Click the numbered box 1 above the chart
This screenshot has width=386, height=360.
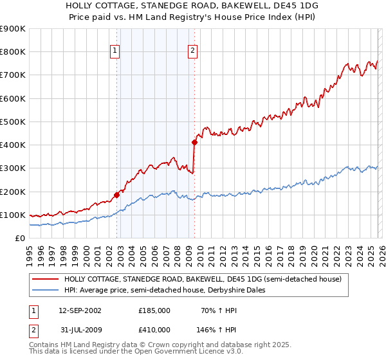115,51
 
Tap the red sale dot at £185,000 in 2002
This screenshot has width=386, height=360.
116,195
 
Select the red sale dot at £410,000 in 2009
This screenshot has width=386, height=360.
194,142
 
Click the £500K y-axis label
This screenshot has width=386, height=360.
13,122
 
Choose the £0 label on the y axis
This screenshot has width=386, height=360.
19,238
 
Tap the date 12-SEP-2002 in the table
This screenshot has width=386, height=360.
80,310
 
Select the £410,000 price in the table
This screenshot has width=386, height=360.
154,330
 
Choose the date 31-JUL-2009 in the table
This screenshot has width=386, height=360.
80,330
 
